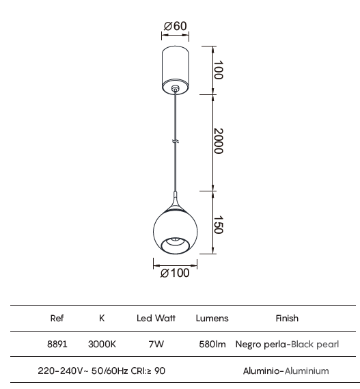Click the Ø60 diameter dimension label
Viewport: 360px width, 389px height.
tap(176, 26)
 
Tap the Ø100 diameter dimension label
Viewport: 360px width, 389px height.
tap(175, 273)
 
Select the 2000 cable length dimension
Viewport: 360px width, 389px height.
tap(219, 141)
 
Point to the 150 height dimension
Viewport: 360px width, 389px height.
tap(219, 225)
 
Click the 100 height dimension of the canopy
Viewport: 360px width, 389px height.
tap(219, 70)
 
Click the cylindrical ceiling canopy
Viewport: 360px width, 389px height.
tap(176, 70)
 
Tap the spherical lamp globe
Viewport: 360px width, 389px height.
tap(176, 231)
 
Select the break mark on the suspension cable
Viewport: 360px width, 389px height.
tap(176, 142)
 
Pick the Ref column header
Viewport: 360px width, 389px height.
tap(57, 319)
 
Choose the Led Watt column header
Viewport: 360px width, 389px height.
tap(156, 319)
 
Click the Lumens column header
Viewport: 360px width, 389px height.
tap(212, 319)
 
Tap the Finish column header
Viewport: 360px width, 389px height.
tap(287, 319)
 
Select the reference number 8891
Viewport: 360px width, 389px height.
tap(57, 345)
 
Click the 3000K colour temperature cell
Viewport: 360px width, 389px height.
tap(102, 345)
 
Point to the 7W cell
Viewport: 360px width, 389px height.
tap(156, 345)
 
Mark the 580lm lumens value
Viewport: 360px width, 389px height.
tap(212, 345)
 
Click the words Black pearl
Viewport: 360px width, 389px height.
tap(315, 345)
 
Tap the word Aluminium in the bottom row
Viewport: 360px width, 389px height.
tap(307, 371)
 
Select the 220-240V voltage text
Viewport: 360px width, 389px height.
tap(60, 371)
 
